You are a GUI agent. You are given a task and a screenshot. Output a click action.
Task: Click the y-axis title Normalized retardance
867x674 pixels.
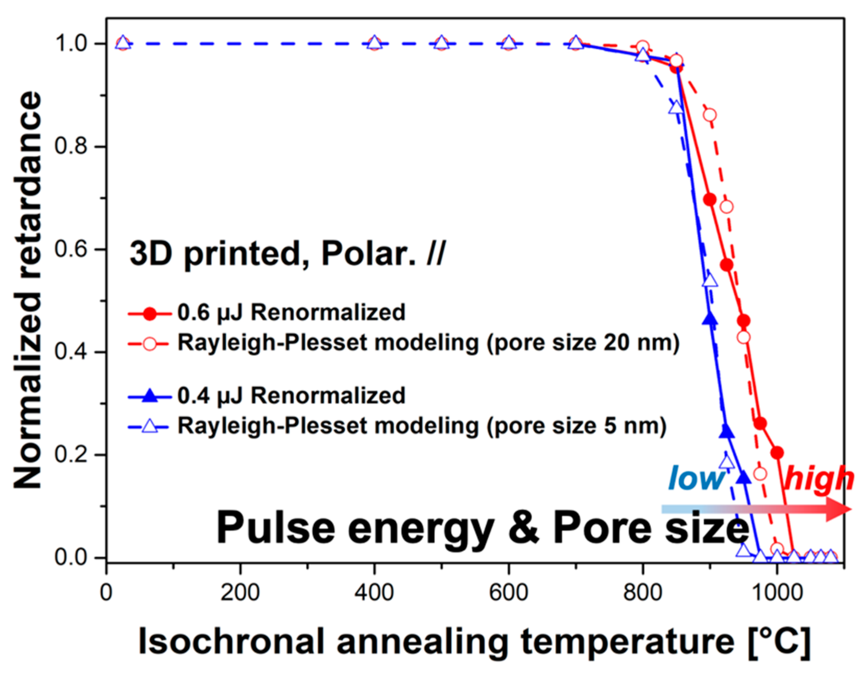tap(27, 290)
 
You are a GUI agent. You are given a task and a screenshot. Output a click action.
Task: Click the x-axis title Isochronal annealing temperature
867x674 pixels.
tap(474, 642)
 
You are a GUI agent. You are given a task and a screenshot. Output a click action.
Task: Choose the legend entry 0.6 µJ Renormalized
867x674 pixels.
tap(291, 312)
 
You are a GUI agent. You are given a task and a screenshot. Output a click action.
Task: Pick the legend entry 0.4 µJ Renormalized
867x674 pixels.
tap(291, 396)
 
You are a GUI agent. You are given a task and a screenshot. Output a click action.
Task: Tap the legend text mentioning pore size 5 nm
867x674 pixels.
tap(421, 426)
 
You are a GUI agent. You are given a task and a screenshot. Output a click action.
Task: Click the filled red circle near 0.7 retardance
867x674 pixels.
tap(709, 199)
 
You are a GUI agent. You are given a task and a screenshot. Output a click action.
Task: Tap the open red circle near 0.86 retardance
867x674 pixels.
tap(710, 115)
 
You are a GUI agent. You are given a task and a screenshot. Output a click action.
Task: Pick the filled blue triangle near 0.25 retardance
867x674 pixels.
tap(727, 431)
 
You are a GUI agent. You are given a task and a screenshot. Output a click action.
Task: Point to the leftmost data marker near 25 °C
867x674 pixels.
tap(123, 43)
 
